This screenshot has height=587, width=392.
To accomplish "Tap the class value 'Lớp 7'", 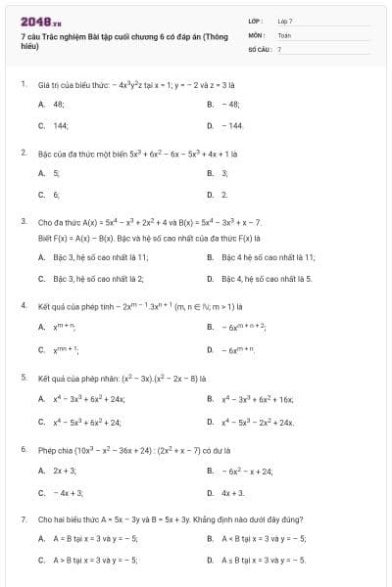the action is (x=285, y=21).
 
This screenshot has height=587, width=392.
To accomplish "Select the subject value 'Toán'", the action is (x=284, y=34).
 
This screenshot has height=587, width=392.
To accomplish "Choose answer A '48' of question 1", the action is (x=59, y=103).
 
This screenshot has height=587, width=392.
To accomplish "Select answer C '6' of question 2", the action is (x=55, y=195).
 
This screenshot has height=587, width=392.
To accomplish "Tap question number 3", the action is (x=24, y=222).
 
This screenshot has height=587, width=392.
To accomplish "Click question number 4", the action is (x=24, y=305).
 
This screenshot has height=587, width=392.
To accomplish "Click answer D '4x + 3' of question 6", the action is (x=233, y=493).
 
